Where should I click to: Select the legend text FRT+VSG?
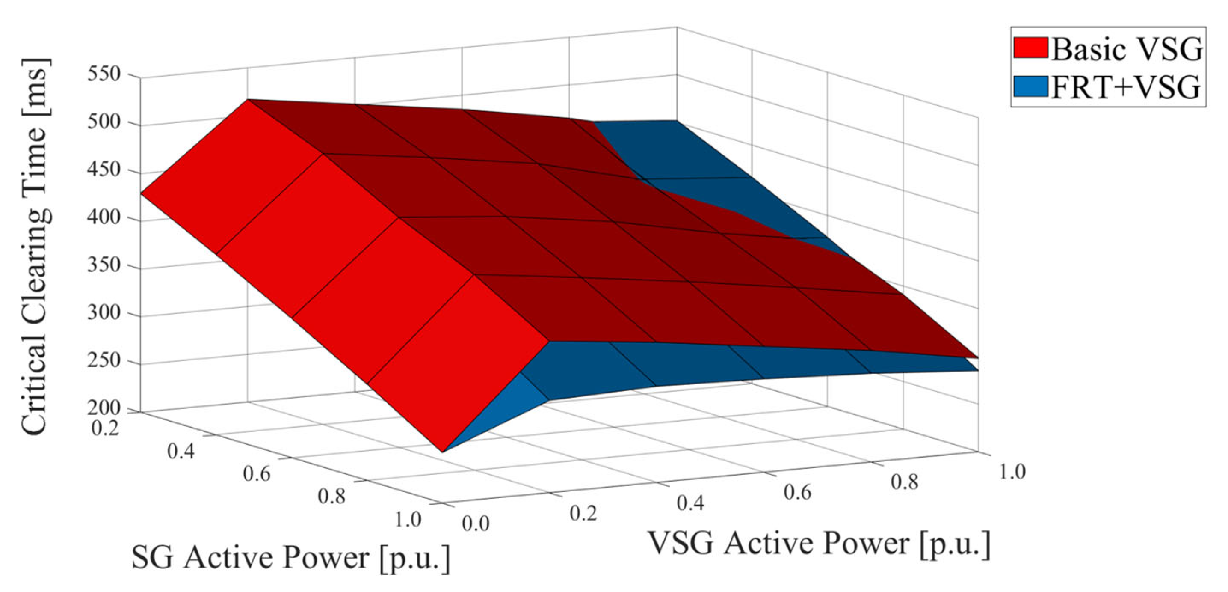[1125, 87]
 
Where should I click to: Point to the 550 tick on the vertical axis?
[104, 74]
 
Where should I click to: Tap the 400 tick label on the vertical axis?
[104, 217]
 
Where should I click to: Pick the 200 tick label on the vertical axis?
[104, 408]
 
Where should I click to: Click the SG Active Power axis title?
[290, 557]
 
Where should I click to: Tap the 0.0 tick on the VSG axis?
[475, 524]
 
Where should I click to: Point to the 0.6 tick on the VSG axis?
[798, 492]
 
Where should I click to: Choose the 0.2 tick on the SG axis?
[105, 428]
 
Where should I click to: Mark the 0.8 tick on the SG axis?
[331, 497]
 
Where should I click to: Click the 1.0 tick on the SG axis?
[408, 519]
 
